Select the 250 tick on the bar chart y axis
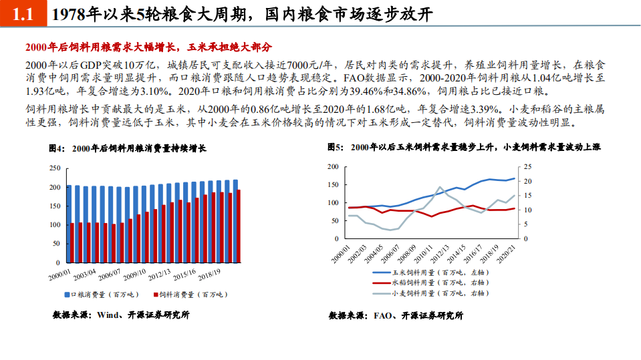tap(55, 168)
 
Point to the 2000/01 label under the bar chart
tap(59, 273)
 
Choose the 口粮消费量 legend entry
tap(98, 295)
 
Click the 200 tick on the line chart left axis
tap(334, 166)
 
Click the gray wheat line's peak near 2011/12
tap(440, 187)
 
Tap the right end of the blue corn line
tap(515, 178)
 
